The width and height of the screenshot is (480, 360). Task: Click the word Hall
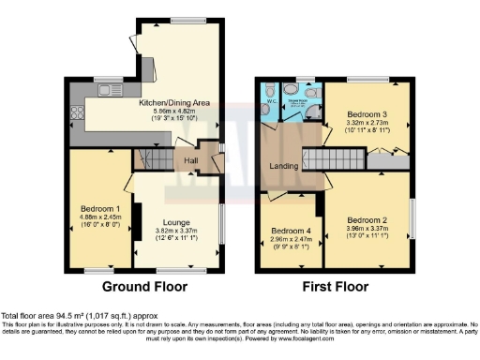[x=190, y=161]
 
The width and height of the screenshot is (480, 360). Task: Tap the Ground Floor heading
[x=143, y=286]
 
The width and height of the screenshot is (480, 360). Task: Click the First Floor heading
[x=335, y=286]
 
